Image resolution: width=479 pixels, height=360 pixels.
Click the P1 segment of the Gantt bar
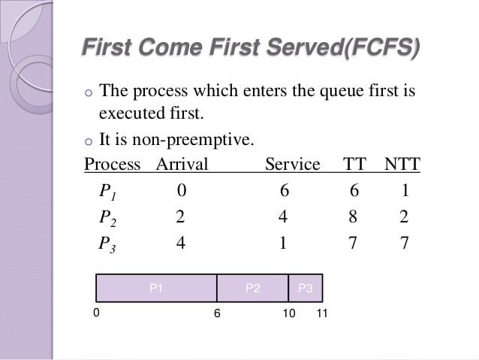(156, 288)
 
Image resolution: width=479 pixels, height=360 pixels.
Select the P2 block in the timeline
(252, 288)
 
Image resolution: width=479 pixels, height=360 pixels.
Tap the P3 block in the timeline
(306, 288)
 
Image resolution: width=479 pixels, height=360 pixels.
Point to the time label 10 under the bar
(289, 313)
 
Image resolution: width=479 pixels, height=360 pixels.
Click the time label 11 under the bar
(322, 313)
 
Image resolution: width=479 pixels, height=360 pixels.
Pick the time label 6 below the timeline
(217, 313)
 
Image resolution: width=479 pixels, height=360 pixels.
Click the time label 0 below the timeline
(96, 313)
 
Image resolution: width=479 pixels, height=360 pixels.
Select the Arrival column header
(182, 164)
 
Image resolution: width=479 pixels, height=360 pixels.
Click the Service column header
(293, 164)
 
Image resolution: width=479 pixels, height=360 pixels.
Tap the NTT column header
(402, 164)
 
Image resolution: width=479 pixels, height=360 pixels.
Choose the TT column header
(354, 164)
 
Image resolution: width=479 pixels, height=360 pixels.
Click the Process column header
(112, 164)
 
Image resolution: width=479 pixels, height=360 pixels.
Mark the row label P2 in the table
(107, 218)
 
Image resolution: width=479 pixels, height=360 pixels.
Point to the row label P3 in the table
(107, 245)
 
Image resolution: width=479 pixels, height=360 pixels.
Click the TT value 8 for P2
(353, 216)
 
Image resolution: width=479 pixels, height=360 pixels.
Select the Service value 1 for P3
(283, 243)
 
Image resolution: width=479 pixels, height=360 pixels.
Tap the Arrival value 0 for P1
(182, 190)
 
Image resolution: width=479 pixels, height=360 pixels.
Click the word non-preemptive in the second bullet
(193, 140)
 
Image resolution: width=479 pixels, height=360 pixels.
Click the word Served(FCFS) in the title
(343, 47)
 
